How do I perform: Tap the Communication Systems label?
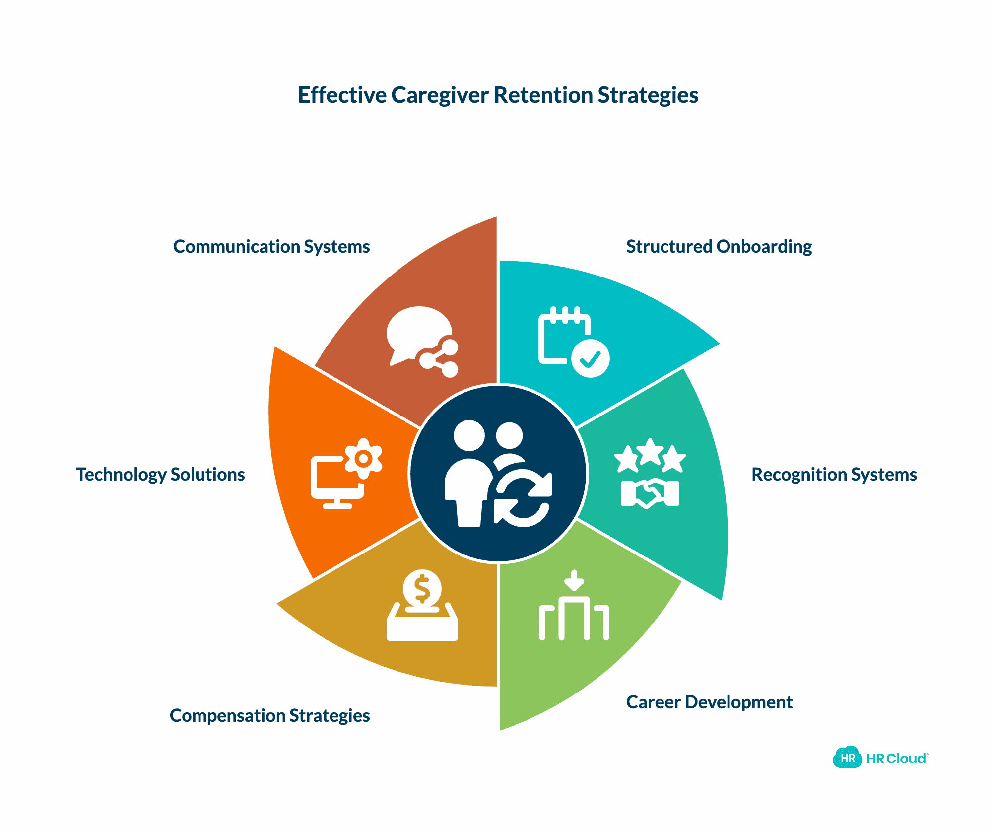coord(271,247)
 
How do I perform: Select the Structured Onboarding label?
coord(719,247)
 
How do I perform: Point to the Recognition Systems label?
coord(834,475)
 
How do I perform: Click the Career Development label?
coord(709,702)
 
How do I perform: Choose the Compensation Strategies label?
coord(269,716)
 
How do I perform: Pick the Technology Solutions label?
coord(160,475)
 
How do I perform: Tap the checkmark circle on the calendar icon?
coord(590,358)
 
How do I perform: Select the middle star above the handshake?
coord(650,452)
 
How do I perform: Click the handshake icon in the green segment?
coord(650,493)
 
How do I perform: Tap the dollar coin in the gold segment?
coord(422,589)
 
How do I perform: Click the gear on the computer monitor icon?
coord(364,458)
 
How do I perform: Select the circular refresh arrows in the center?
coord(523,498)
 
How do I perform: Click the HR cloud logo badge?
coord(848,758)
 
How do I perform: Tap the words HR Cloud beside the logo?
coord(896,759)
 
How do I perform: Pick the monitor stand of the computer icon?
coord(337,503)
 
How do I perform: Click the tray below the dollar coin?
coord(422,626)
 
